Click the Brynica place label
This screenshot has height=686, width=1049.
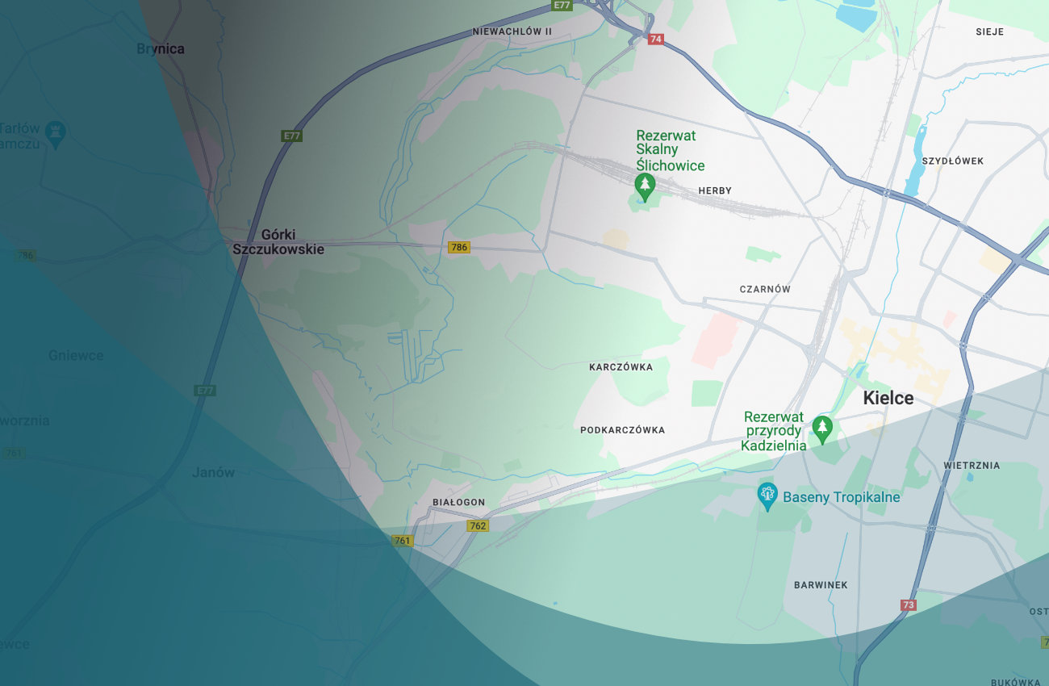pyautogui.click(x=161, y=49)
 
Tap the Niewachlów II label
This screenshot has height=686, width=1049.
pyautogui.click(x=512, y=31)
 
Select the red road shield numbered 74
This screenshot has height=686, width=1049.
pyautogui.click(x=655, y=39)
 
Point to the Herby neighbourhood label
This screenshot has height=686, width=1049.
pyautogui.click(x=715, y=190)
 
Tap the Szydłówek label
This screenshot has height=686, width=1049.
pyautogui.click(x=953, y=161)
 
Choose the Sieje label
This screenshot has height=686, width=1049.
pyautogui.click(x=989, y=31)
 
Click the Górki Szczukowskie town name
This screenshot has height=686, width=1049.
pyautogui.click(x=278, y=242)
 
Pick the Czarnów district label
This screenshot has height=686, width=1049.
pyautogui.click(x=765, y=289)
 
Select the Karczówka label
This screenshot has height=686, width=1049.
pyautogui.click(x=621, y=367)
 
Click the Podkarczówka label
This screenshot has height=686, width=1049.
pyautogui.click(x=622, y=430)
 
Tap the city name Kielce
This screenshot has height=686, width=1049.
pyautogui.click(x=888, y=398)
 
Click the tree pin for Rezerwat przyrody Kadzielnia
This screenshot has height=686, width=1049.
pyautogui.click(x=821, y=428)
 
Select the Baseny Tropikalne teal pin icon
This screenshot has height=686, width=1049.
pyautogui.click(x=767, y=496)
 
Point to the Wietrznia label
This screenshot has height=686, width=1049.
pyautogui.click(x=972, y=466)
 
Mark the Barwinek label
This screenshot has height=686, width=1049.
pyautogui.click(x=821, y=585)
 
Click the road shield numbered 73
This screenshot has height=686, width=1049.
pyautogui.click(x=909, y=605)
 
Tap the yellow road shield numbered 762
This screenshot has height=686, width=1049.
pyautogui.click(x=478, y=526)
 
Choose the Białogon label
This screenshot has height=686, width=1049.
pyautogui.click(x=458, y=502)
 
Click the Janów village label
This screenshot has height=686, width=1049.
pyautogui.click(x=214, y=473)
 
